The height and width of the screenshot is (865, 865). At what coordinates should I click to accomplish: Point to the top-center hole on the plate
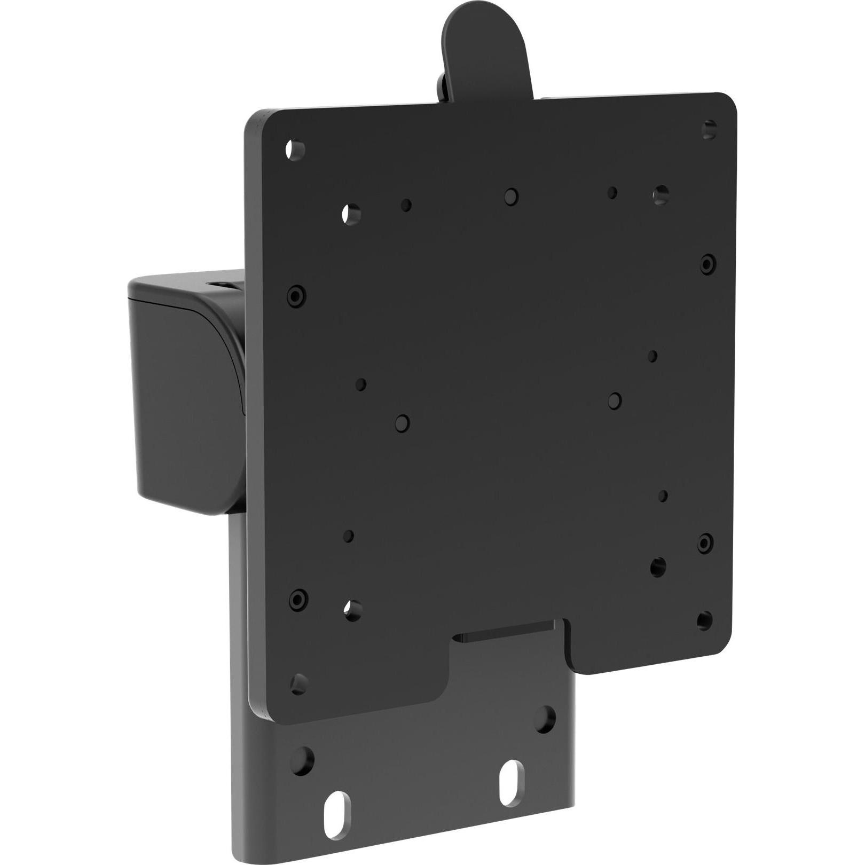click(511, 196)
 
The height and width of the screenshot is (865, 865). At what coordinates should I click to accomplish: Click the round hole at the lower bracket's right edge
click(544, 720)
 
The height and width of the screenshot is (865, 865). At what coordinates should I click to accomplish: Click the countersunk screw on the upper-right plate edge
click(708, 264)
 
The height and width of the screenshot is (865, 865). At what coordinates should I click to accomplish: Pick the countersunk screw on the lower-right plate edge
click(705, 542)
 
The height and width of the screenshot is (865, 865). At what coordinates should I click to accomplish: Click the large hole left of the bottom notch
click(352, 610)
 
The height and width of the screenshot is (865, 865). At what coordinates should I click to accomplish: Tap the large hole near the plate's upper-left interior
click(351, 215)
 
